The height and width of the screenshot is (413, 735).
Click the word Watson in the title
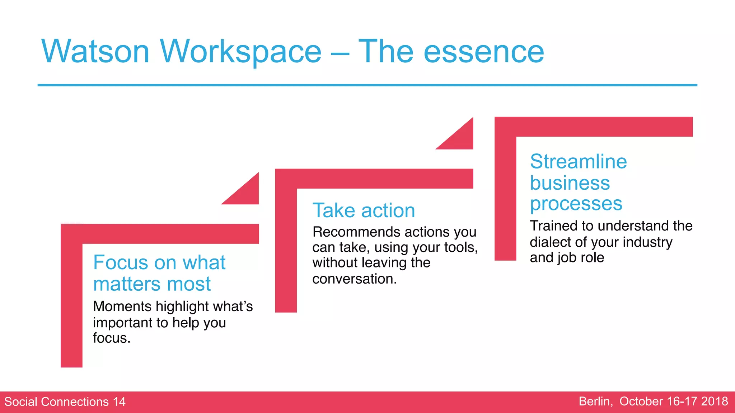point(95,52)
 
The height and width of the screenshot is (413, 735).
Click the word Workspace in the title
point(240,52)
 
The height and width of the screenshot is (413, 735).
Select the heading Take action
point(364,210)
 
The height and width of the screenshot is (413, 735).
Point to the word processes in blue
point(576,204)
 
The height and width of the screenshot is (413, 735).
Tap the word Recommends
point(351,232)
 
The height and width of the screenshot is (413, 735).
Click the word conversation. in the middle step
point(355,279)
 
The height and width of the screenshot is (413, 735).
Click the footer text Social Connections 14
point(65,402)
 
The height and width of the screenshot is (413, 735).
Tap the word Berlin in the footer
point(595,401)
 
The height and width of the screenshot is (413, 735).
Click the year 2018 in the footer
point(714,401)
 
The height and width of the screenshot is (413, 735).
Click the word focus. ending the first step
point(111,338)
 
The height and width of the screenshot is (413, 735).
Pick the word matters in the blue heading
point(127,284)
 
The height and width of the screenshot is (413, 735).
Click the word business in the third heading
point(570,183)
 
